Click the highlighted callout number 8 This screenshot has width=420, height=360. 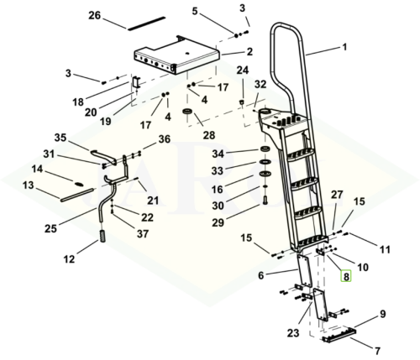click(346, 277)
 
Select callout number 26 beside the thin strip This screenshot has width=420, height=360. click(94, 15)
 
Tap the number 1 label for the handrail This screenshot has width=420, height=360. click(344, 47)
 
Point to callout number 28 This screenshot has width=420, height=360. click(209, 135)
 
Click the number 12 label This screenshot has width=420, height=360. click(69, 259)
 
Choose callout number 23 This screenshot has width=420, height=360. click(293, 333)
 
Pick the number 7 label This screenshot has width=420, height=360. click(377, 350)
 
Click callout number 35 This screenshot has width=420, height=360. click(60, 138)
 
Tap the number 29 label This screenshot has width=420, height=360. click(218, 222)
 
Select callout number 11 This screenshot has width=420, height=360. click(385, 249)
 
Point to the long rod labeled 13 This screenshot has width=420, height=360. click(76, 195)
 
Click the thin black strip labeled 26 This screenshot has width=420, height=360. click(146, 23)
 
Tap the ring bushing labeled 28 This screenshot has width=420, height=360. click(187, 112)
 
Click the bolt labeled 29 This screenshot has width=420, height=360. click(265, 201)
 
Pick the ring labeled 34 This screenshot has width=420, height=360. click(265, 149)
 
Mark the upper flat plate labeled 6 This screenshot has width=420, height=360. click(305, 270)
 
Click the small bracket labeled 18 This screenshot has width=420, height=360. click(136, 81)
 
